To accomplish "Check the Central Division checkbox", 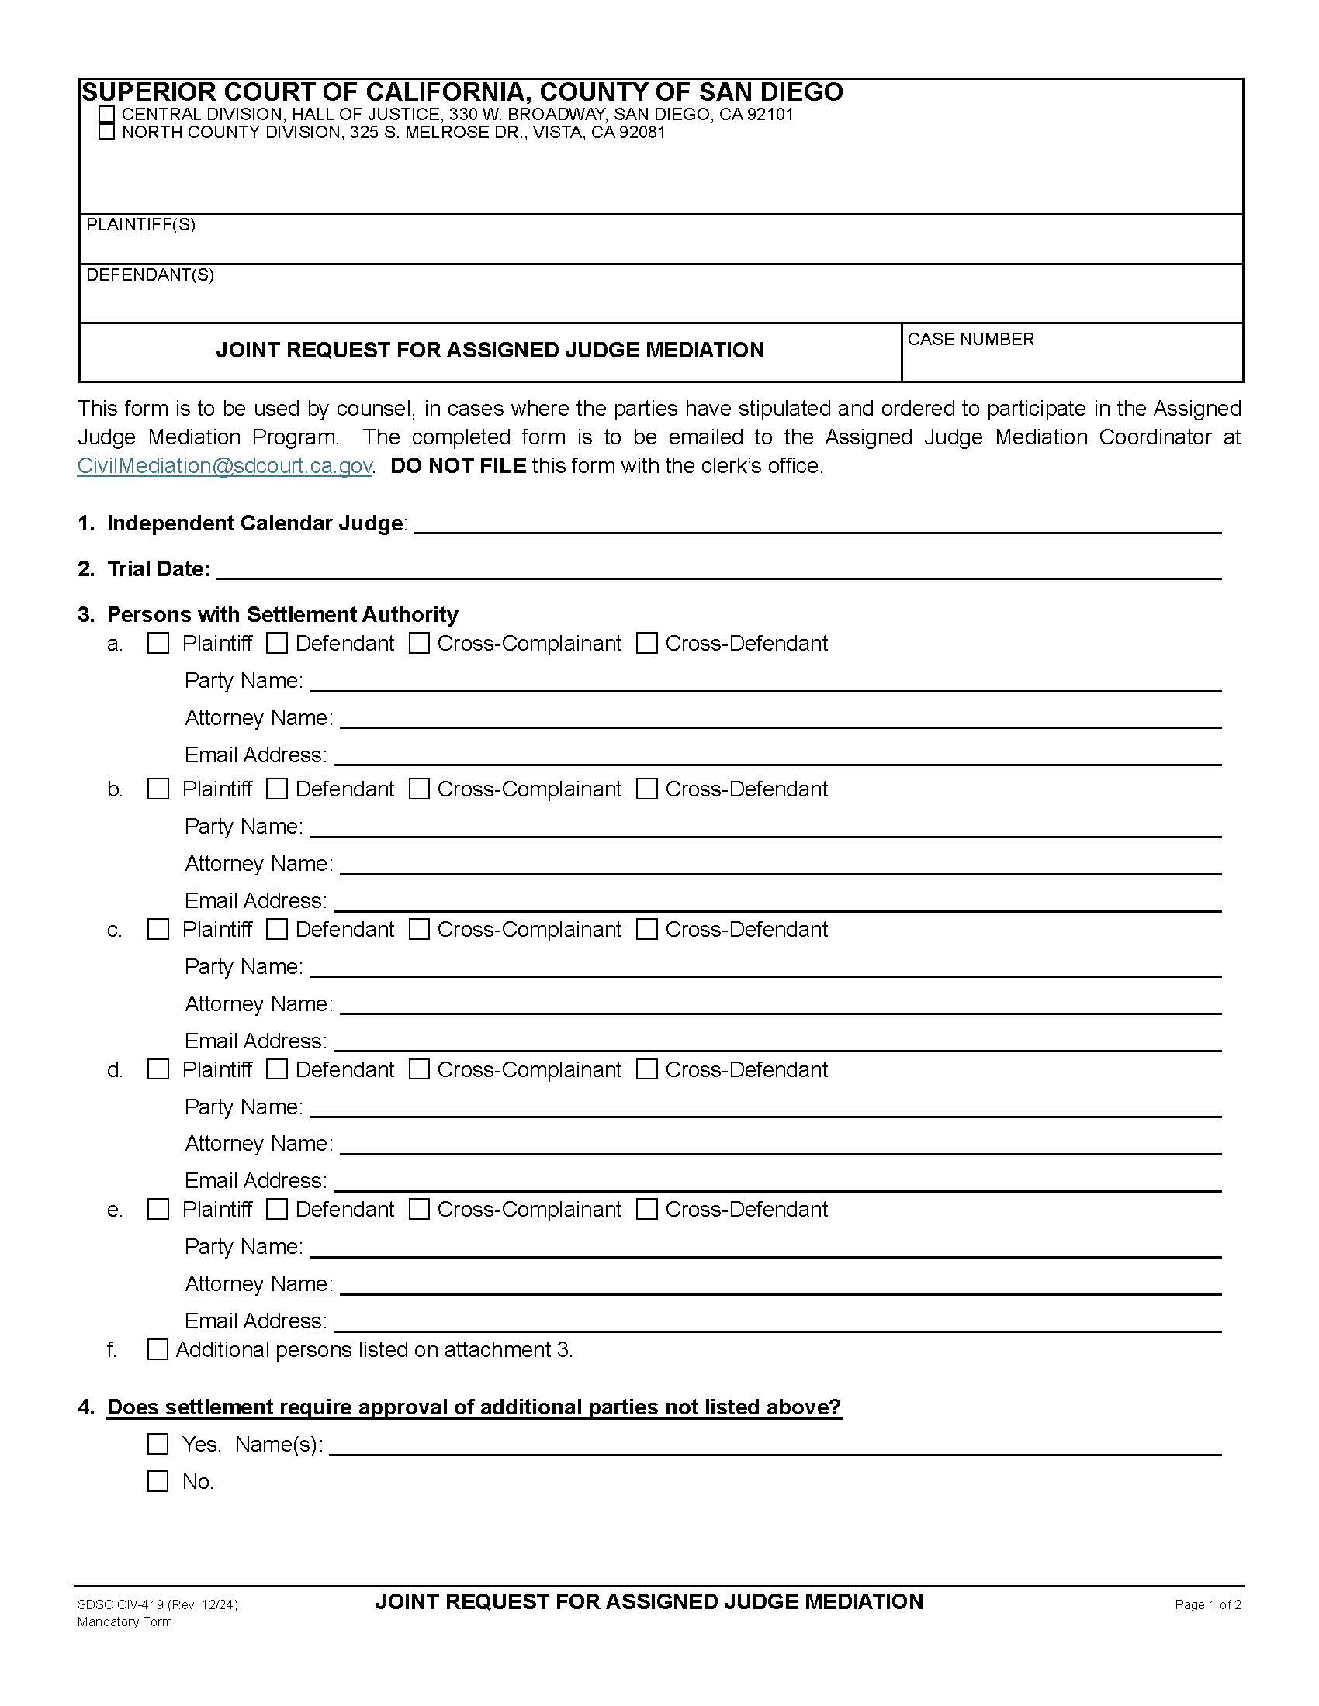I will [x=107, y=115].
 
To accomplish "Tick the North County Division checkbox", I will [x=107, y=132].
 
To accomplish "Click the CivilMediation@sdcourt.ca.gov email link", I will [x=224, y=466].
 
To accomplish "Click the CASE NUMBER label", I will [x=971, y=339].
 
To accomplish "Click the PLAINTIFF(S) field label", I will [x=140, y=225].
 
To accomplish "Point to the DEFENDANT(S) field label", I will [x=150, y=275].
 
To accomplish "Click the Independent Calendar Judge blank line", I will [x=816, y=525].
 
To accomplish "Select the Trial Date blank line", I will [x=719, y=570].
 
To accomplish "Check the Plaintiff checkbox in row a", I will [x=158, y=644].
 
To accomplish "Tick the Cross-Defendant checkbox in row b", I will [x=647, y=789].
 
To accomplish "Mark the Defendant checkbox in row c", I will [x=278, y=930].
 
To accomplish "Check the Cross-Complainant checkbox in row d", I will [x=420, y=1070].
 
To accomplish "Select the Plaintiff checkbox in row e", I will [x=158, y=1210].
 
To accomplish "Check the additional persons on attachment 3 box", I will [x=158, y=1350].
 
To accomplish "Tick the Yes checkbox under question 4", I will [x=158, y=1445].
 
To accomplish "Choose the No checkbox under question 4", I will [x=158, y=1482].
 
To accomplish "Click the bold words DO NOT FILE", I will [x=458, y=466].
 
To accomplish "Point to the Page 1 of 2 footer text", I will [x=1207, y=1605].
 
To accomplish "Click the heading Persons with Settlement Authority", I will [x=282, y=615].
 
